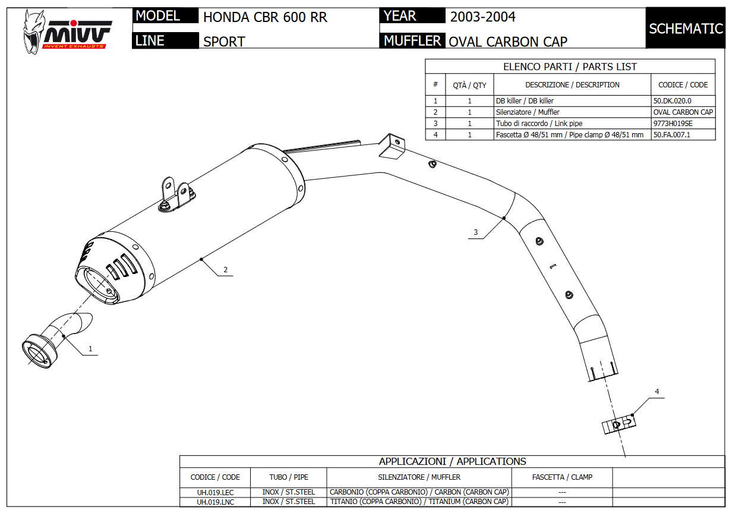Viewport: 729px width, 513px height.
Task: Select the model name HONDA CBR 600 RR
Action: (265, 17)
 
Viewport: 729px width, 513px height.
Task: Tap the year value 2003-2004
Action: (482, 17)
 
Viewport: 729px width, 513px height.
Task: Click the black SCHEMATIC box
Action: (686, 29)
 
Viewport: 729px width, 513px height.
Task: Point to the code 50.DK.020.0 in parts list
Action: (672, 101)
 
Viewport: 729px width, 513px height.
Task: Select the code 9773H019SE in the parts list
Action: (673, 124)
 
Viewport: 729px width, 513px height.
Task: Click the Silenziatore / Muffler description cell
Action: (528, 112)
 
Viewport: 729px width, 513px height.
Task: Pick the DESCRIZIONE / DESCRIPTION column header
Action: (572, 85)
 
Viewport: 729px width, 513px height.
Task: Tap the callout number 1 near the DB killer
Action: (90, 349)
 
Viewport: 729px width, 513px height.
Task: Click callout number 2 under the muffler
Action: (225, 270)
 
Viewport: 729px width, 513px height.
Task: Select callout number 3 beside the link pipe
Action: (475, 232)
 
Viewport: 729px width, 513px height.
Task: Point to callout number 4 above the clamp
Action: (657, 392)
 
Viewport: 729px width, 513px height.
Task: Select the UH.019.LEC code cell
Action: (215, 492)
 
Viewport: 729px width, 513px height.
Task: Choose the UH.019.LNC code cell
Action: (215, 502)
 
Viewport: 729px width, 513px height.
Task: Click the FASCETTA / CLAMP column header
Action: (562, 477)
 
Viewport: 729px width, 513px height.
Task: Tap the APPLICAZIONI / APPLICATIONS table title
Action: (452, 461)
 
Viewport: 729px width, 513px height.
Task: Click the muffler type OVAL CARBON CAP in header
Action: (508, 41)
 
